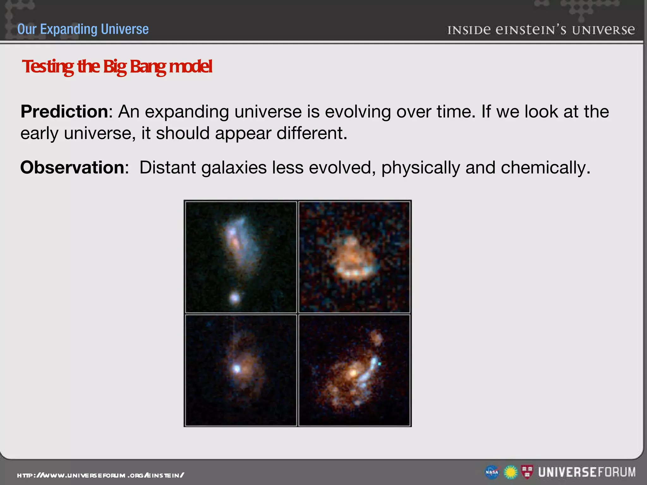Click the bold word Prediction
pyautogui.click(x=64, y=111)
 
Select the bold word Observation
pyautogui.click(x=73, y=167)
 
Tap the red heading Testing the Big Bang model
pyautogui.click(x=117, y=67)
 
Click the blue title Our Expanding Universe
pyautogui.click(x=83, y=29)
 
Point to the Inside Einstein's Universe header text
pyautogui.click(x=541, y=30)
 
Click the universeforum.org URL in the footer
pyautogui.click(x=100, y=475)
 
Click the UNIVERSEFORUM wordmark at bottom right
pyautogui.click(x=587, y=472)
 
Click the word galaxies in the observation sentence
pyautogui.click(x=234, y=167)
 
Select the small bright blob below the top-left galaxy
pyautogui.click(x=235, y=297)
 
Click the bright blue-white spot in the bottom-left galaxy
pyautogui.click(x=237, y=368)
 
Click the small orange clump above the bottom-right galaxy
pyautogui.click(x=376, y=338)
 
